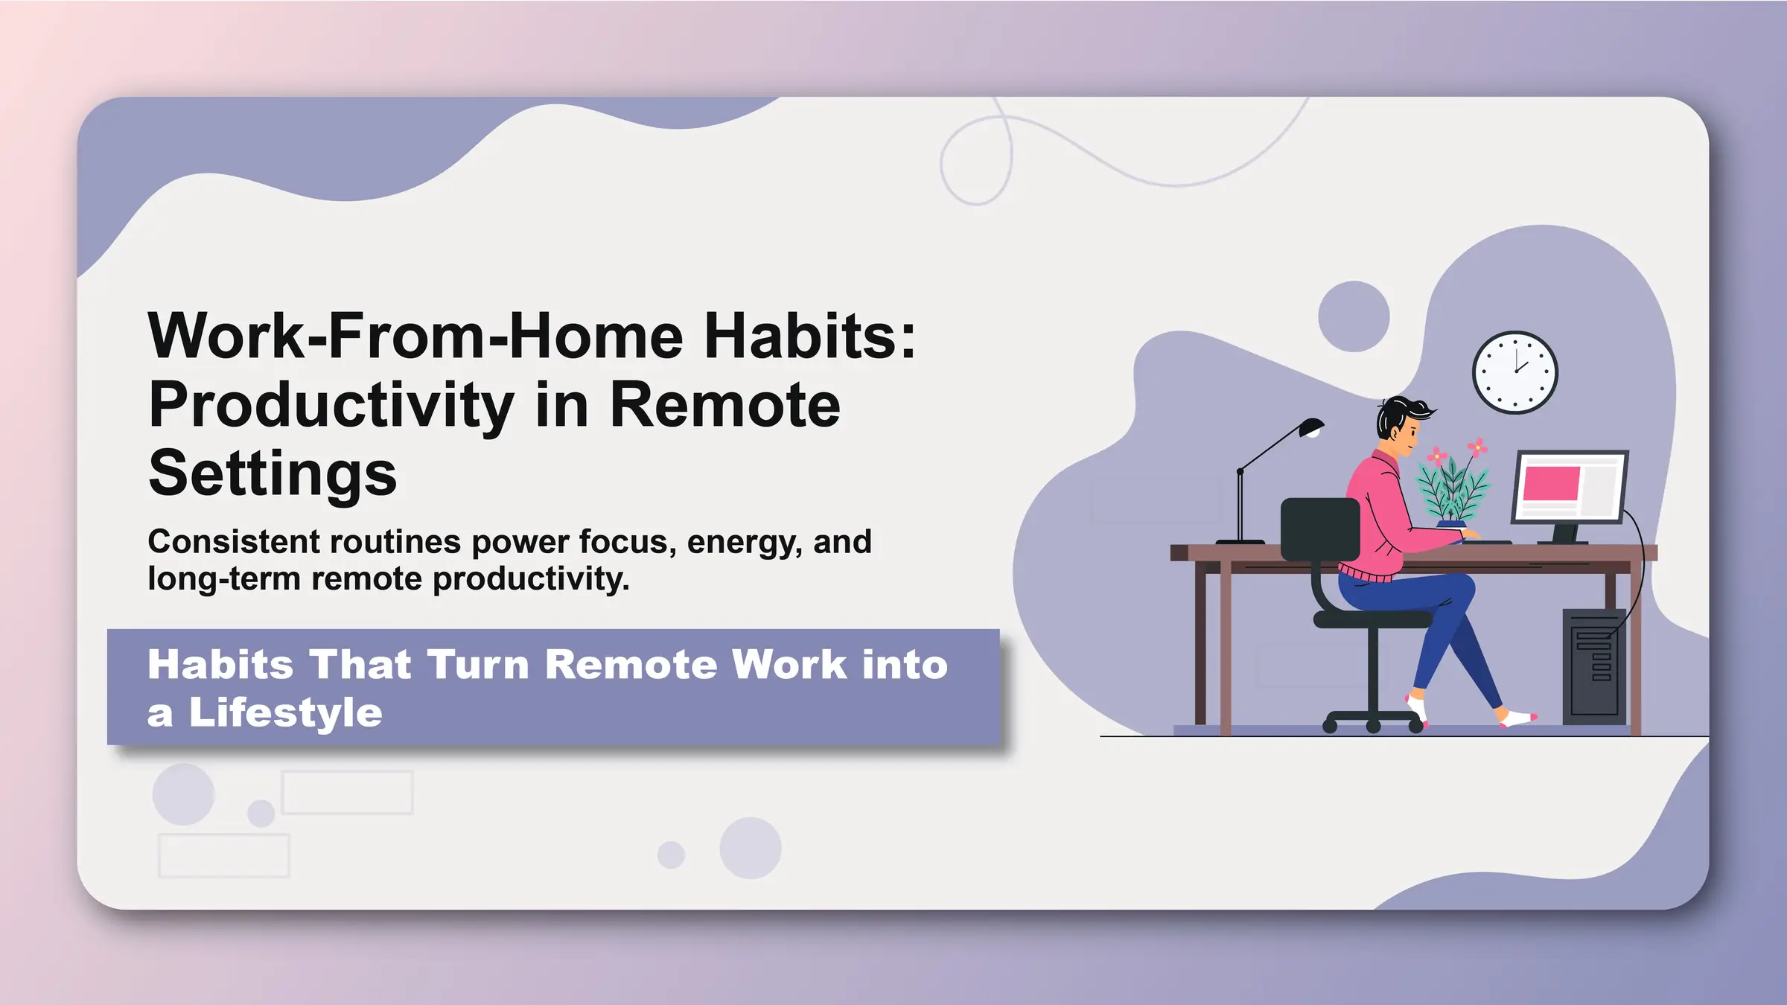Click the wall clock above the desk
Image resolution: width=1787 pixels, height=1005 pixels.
point(1514,372)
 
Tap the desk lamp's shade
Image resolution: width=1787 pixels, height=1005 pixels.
point(1310,427)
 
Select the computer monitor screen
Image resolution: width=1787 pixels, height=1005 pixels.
point(1570,487)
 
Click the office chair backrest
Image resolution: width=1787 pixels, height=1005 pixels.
point(1319,529)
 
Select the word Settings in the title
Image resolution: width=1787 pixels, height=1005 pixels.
point(273,473)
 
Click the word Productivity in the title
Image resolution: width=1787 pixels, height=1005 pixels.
point(331,406)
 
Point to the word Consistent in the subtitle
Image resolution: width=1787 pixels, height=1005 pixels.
point(233,542)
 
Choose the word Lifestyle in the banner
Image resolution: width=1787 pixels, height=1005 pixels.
point(286,712)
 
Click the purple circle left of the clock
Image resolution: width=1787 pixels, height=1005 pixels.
point(1354,316)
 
